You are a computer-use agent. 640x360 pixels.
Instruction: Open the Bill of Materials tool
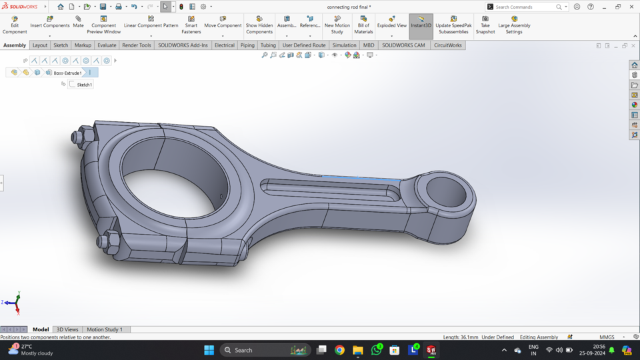coord(363,25)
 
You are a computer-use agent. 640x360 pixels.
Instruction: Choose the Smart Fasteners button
coord(191,25)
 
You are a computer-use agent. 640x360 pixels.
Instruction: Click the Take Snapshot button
coord(485,25)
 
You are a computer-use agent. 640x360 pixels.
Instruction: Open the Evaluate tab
coord(107,45)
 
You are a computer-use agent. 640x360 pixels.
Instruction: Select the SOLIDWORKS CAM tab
coord(403,45)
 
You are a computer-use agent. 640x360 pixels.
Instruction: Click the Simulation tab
coord(344,45)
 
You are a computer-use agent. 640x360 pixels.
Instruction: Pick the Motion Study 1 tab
coord(105,329)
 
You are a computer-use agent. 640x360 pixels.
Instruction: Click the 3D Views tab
coord(67,329)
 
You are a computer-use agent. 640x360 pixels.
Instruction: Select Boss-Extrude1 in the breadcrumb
coord(67,73)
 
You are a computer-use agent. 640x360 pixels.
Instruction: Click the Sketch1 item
coord(84,85)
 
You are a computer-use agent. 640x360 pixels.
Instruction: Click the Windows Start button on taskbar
coord(209,350)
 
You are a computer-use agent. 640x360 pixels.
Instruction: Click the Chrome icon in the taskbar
coord(339,350)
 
